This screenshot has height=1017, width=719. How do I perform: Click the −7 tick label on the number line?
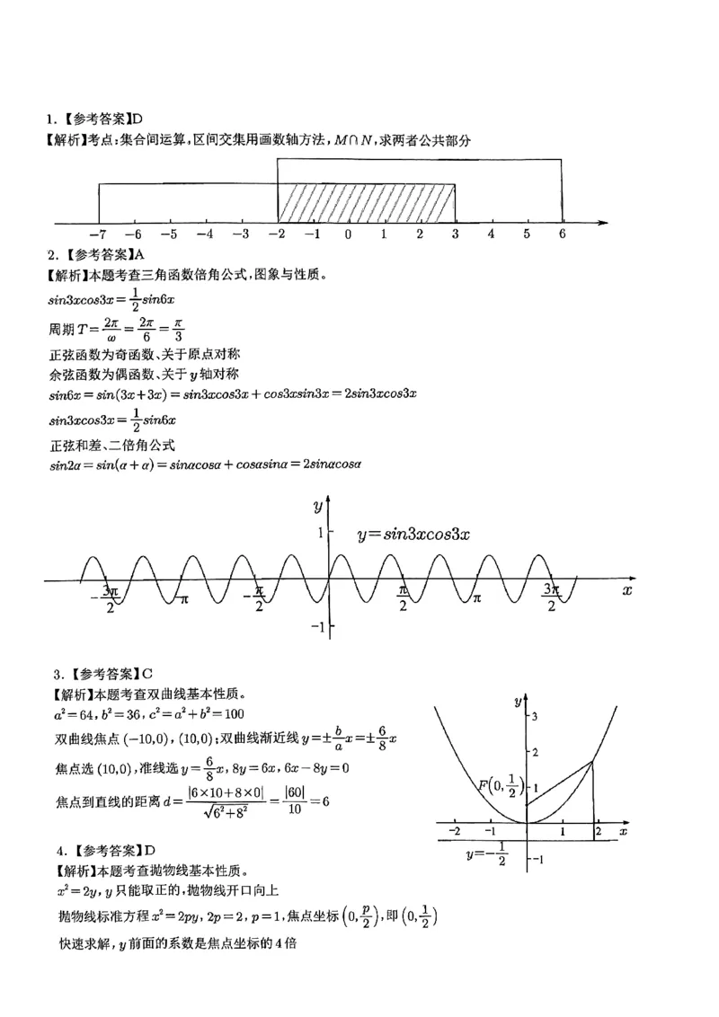97,234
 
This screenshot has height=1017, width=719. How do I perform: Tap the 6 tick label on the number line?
563,234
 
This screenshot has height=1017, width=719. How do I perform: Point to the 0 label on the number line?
348,234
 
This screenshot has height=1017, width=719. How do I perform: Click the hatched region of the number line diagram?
366,203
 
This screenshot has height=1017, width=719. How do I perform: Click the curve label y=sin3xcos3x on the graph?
414,534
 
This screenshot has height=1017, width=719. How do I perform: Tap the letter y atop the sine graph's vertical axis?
318,507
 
